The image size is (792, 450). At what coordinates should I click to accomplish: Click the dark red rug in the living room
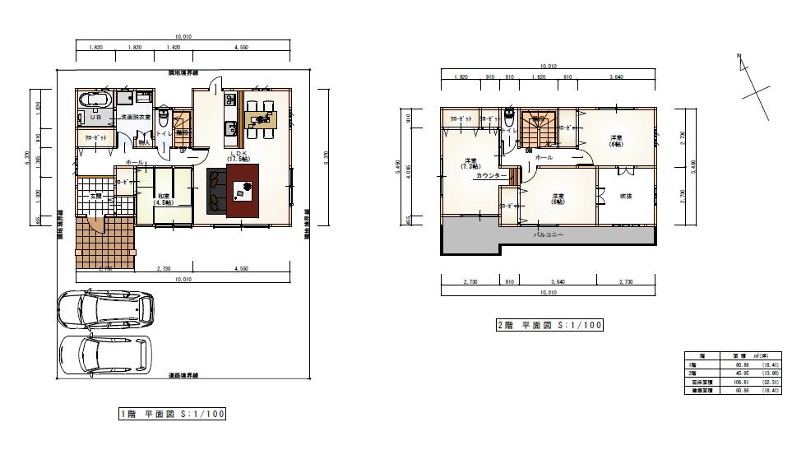[x=243, y=190]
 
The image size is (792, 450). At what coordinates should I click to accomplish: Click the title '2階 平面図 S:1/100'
[x=549, y=325]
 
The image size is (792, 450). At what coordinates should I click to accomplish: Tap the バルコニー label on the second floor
[x=547, y=234]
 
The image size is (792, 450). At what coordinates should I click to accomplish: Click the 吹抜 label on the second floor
[x=625, y=195]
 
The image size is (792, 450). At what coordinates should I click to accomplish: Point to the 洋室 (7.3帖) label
[x=470, y=163]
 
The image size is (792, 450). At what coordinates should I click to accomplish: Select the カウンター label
[x=491, y=176]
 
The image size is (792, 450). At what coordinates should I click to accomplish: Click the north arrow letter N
[x=739, y=56]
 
